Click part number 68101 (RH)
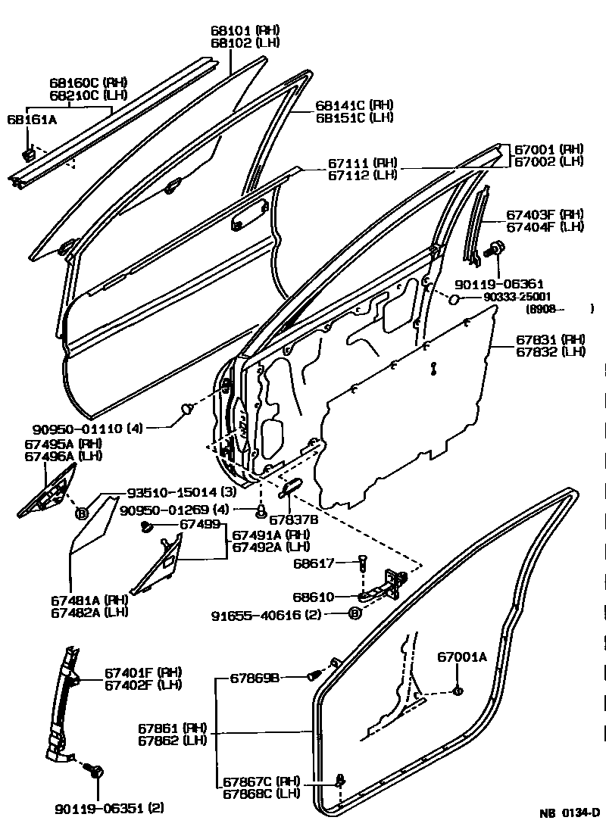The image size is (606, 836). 245,30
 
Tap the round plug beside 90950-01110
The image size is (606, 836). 186,411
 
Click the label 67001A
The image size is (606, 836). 461,657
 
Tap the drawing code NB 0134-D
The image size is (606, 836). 569,813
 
